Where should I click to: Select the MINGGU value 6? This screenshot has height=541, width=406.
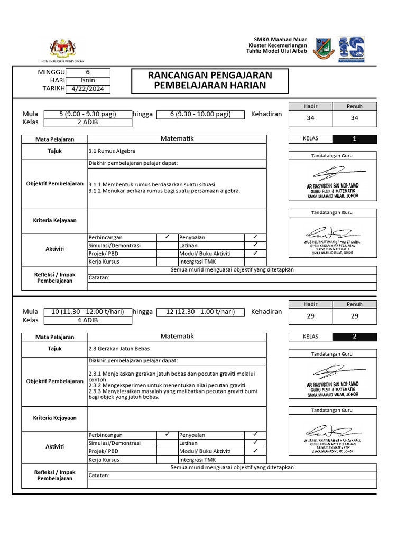coord(88,73)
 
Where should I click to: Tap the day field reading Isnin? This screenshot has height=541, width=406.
coord(88,81)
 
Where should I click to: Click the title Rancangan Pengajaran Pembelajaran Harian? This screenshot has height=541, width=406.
coord(210,80)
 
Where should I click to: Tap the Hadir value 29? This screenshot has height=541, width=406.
coord(310,316)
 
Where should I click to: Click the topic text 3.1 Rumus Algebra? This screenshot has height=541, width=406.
coord(112,151)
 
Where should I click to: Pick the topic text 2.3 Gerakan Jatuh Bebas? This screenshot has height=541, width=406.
coord(119,349)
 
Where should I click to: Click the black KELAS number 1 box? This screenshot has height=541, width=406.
coord(355,139)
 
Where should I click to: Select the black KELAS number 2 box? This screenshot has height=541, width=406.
coord(355,337)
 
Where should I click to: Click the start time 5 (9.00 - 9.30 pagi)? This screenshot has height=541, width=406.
coord(87,114)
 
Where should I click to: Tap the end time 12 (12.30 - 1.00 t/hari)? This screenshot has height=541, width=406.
coord(200,312)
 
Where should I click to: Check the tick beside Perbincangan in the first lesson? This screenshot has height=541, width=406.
coord(167,237)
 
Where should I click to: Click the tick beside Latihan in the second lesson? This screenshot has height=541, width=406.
coord(255,442)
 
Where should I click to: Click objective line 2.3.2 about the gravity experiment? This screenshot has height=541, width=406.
coord(168,386)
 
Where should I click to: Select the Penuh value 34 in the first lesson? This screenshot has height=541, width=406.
coord(355,118)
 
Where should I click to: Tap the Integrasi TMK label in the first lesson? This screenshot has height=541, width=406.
coord(197,262)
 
